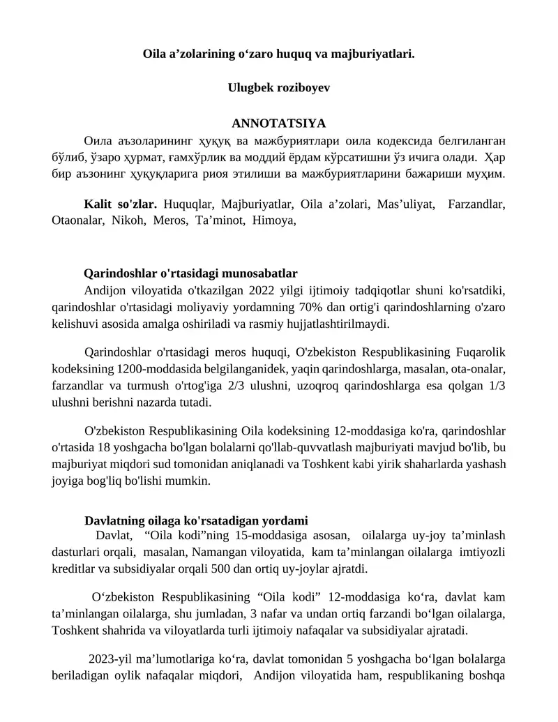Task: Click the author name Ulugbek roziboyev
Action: (x=278, y=88)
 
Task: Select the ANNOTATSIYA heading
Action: (x=278, y=124)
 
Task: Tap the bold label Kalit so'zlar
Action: (x=120, y=204)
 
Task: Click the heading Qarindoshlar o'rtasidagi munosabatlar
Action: (x=191, y=273)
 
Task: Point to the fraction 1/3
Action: (x=493, y=386)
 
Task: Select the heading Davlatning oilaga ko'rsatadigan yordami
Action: (x=195, y=520)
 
